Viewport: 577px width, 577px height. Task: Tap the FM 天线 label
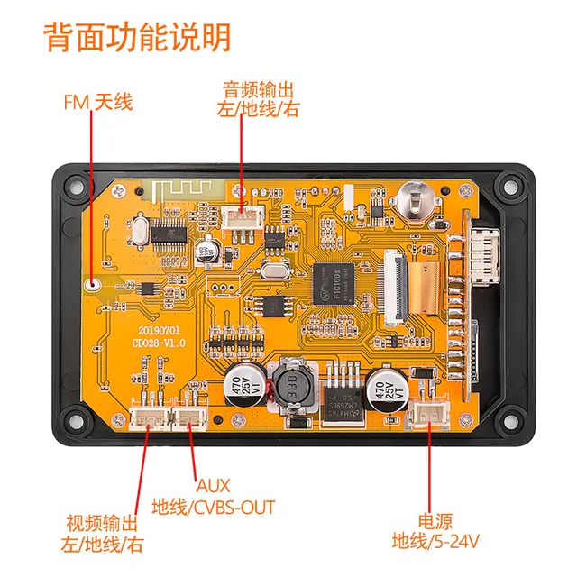[x=97, y=102]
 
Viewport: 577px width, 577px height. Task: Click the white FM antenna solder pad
[x=92, y=285]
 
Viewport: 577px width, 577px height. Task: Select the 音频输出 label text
[x=259, y=90]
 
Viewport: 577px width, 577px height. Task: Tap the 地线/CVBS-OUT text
[x=214, y=507]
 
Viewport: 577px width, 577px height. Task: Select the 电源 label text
[x=435, y=520]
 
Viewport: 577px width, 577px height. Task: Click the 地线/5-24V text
[x=435, y=542]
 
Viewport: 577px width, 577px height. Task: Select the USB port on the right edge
[x=482, y=249]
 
